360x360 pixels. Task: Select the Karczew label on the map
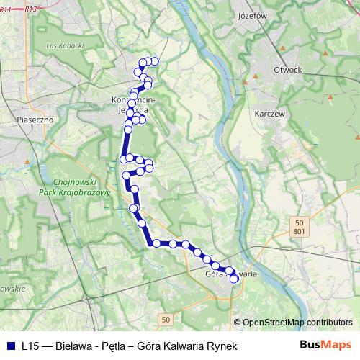271,114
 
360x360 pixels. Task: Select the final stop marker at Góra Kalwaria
234,279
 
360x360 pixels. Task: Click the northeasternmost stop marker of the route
154,61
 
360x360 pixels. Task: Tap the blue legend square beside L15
11,346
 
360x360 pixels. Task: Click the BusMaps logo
325,346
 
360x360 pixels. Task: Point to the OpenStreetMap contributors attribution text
297,323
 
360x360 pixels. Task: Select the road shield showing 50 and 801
299,227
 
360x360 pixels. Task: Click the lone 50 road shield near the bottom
166,318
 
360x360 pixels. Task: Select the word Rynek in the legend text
222,346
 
